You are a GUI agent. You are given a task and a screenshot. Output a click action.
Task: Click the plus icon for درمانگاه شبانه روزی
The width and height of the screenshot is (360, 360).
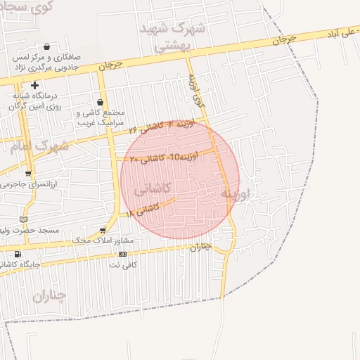(x=34, y=85)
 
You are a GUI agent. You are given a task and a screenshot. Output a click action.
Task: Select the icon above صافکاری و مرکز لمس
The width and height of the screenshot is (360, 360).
(x=46, y=46)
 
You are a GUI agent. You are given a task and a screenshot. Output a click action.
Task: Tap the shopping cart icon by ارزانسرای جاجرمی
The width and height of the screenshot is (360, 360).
(x=28, y=174)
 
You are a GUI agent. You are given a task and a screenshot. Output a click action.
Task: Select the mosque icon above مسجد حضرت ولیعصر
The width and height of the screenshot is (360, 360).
(x=26, y=219)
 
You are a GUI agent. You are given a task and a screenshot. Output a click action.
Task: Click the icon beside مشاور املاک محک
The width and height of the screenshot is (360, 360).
(x=103, y=231)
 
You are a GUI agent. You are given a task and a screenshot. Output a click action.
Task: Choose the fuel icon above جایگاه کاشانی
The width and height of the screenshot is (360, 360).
(x=18, y=254)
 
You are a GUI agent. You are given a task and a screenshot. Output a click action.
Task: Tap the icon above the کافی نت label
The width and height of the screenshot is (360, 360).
(x=122, y=254)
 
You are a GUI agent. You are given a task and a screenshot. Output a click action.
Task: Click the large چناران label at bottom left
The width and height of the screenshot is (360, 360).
(x=49, y=296)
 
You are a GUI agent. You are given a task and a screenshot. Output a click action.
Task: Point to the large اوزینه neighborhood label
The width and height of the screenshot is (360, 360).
(x=236, y=191)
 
